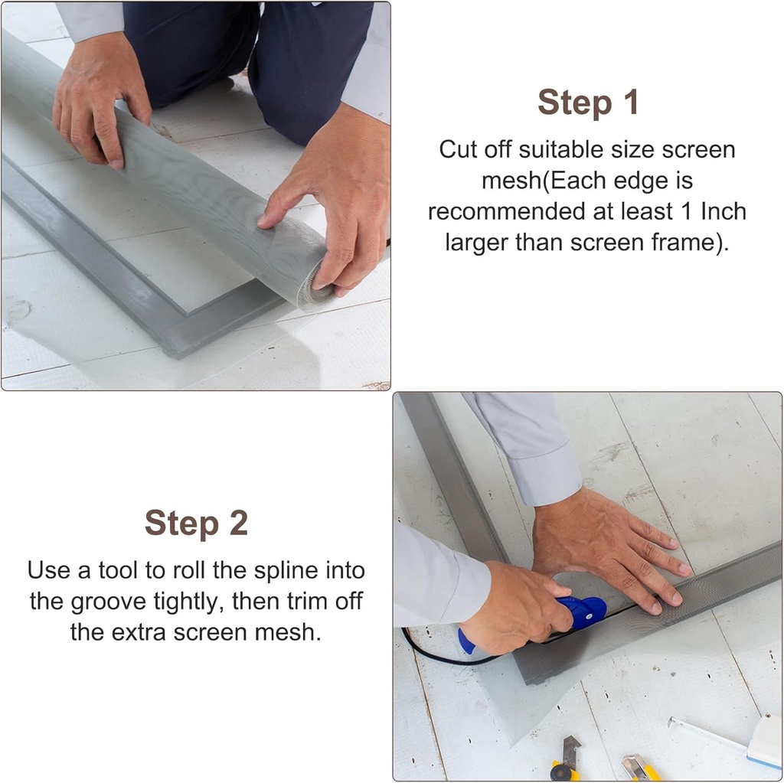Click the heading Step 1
(587, 103)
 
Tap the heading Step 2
(196, 524)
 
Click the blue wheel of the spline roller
(590, 611)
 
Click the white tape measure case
(766, 741)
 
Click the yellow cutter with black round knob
(565, 762)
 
